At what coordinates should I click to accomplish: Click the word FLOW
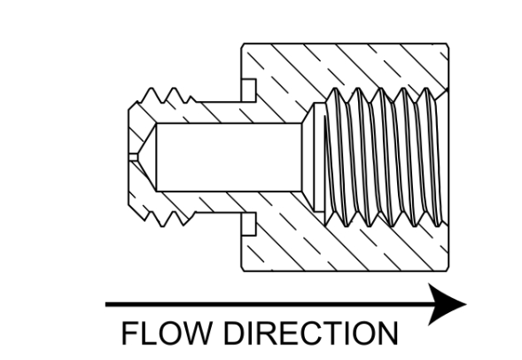167,333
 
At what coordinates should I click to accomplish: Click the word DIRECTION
311,333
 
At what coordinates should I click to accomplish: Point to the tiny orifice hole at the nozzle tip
133,157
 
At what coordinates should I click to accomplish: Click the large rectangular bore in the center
229,157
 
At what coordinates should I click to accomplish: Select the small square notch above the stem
249,90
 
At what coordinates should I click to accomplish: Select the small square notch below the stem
249,223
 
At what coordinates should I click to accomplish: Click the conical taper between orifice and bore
147,157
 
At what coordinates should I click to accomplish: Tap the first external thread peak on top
152,89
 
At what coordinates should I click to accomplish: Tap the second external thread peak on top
174,89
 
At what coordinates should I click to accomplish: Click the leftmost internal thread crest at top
335,89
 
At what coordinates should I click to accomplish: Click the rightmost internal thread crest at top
426,89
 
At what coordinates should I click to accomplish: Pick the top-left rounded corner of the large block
243,45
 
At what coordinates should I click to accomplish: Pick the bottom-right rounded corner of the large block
447,270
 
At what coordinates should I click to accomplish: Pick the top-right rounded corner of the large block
447,45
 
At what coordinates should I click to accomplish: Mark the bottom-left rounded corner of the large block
243,270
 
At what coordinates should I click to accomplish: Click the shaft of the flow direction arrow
268,304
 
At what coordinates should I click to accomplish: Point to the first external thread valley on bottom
173,213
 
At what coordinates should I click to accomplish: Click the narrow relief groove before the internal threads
319,157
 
